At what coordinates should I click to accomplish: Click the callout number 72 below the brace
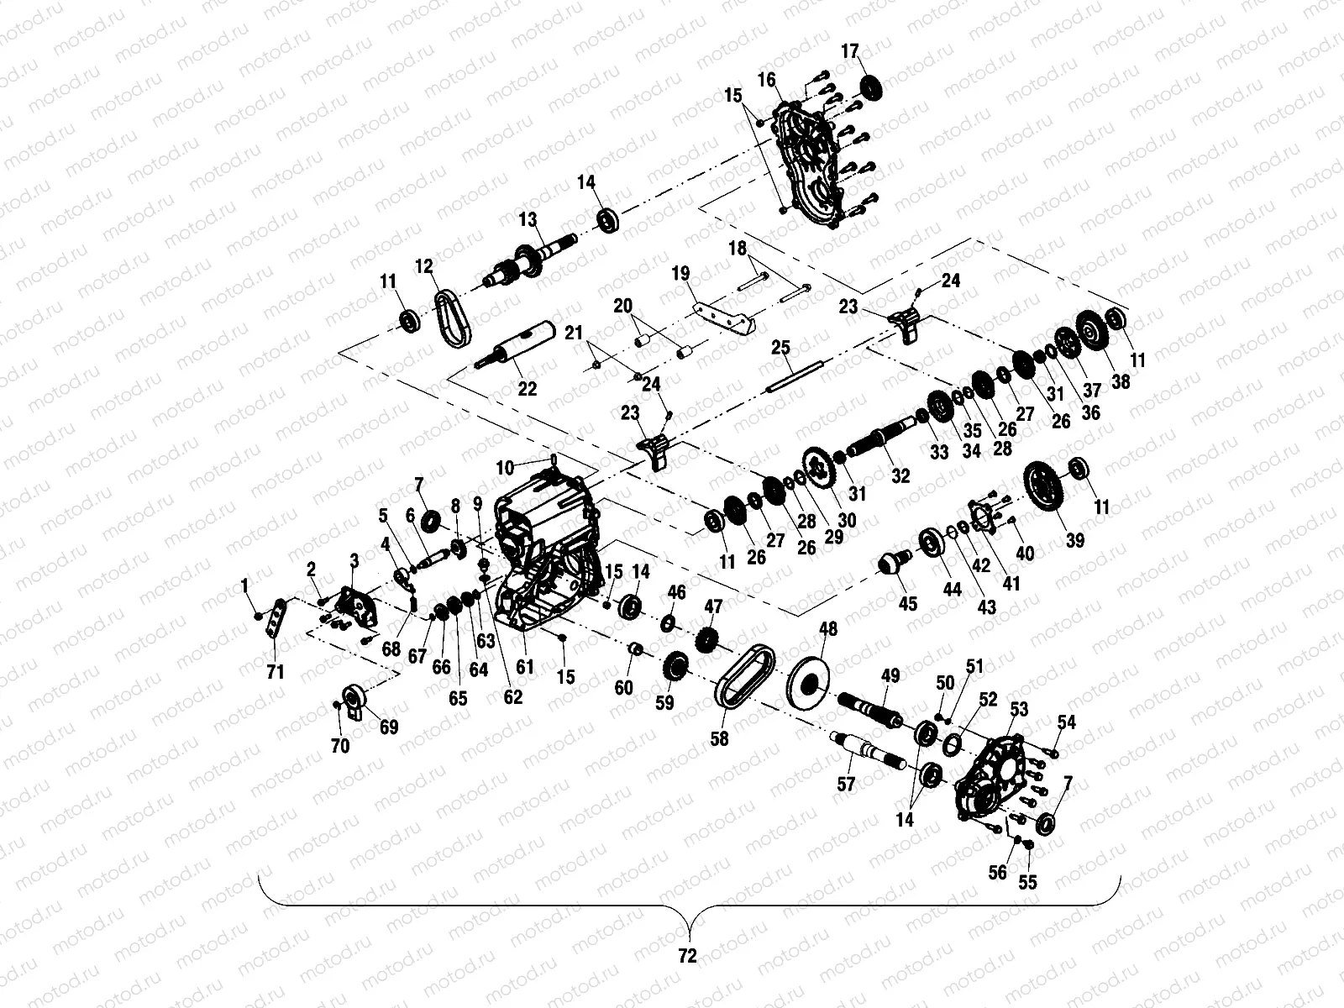click(687, 956)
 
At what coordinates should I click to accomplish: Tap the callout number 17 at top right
click(850, 53)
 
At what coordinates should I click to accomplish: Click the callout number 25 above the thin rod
click(780, 347)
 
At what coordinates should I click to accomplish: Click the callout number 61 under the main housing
click(525, 668)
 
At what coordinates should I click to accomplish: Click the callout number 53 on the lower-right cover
click(1018, 711)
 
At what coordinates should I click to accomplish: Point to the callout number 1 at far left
click(244, 584)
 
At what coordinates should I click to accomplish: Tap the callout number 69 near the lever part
click(388, 727)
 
